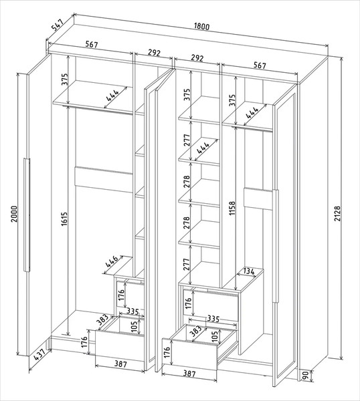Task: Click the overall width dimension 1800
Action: tap(202, 26)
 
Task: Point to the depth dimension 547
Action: tap(58, 24)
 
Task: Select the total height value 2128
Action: tap(338, 213)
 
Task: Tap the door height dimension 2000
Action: tap(14, 214)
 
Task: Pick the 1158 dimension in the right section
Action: tap(232, 208)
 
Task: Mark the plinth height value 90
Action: tap(305, 375)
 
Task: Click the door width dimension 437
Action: tap(40, 354)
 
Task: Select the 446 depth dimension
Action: tap(112, 261)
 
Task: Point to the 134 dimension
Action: tap(249, 271)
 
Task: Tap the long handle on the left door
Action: tap(27, 215)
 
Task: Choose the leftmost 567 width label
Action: tap(92, 45)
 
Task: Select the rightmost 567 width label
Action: tap(260, 65)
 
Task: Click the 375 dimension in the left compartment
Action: tap(65, 80)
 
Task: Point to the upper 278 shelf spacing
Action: tap(187, 181)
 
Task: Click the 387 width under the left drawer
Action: tap(120, 364)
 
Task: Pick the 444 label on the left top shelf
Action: tap(112, 96)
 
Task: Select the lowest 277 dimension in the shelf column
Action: tap(187, 265)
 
